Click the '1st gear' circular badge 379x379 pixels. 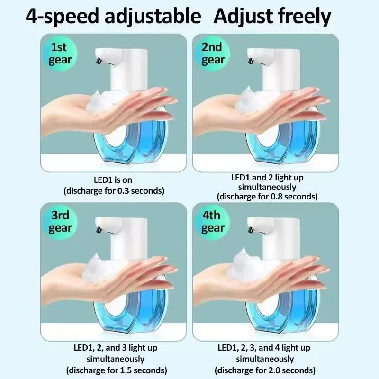tap(61, 54)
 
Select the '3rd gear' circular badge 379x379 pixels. tap(61, 222)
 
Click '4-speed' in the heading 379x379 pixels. tap(60, 17)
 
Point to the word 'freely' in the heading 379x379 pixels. tap(304, 17)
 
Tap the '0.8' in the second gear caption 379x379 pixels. tap(273, 196)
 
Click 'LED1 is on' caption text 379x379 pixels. tap(114, 180)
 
